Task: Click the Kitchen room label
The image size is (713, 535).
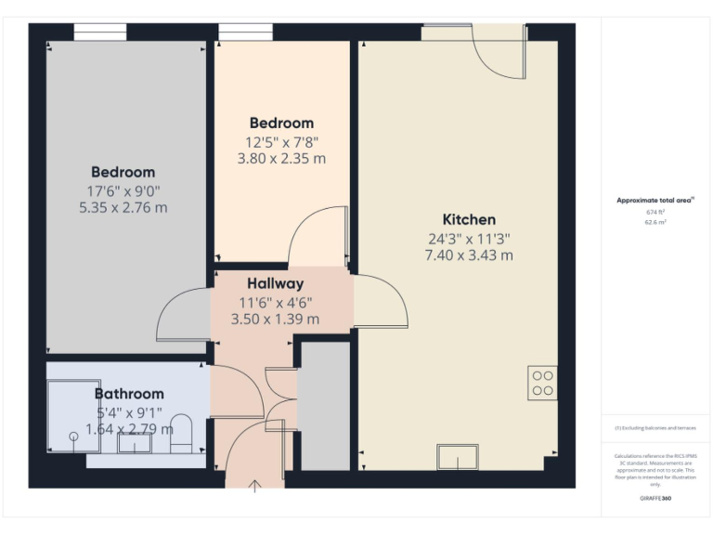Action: [469, 220]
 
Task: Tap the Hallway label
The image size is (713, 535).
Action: [275, 283]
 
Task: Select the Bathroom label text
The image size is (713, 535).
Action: [129, 394]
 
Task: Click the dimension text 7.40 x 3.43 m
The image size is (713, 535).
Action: [469, 255]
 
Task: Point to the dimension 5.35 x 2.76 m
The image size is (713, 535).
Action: [123, 207]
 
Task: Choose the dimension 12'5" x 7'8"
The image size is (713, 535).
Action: [281, 141]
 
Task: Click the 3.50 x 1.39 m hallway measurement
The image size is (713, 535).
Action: [275, 319]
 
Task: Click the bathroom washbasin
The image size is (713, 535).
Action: [135, 442]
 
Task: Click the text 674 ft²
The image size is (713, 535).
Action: [656, 213]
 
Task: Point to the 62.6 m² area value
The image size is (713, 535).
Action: [656, 223]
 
